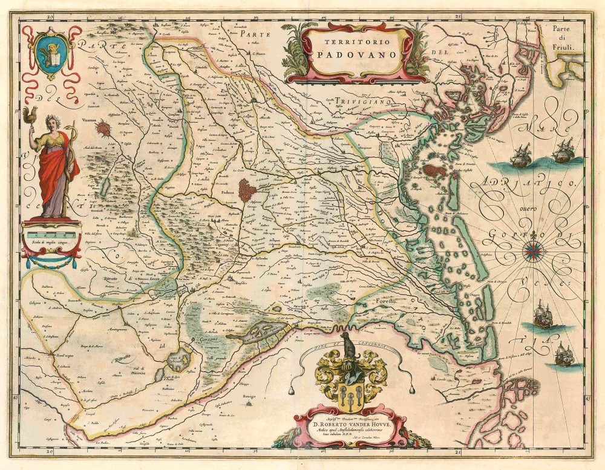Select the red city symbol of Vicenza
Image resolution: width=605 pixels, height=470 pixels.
tap(104, 128)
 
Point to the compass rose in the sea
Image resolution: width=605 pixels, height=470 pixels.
tap(533, 248)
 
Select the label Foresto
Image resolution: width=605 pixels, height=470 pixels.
tap(385, 301)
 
